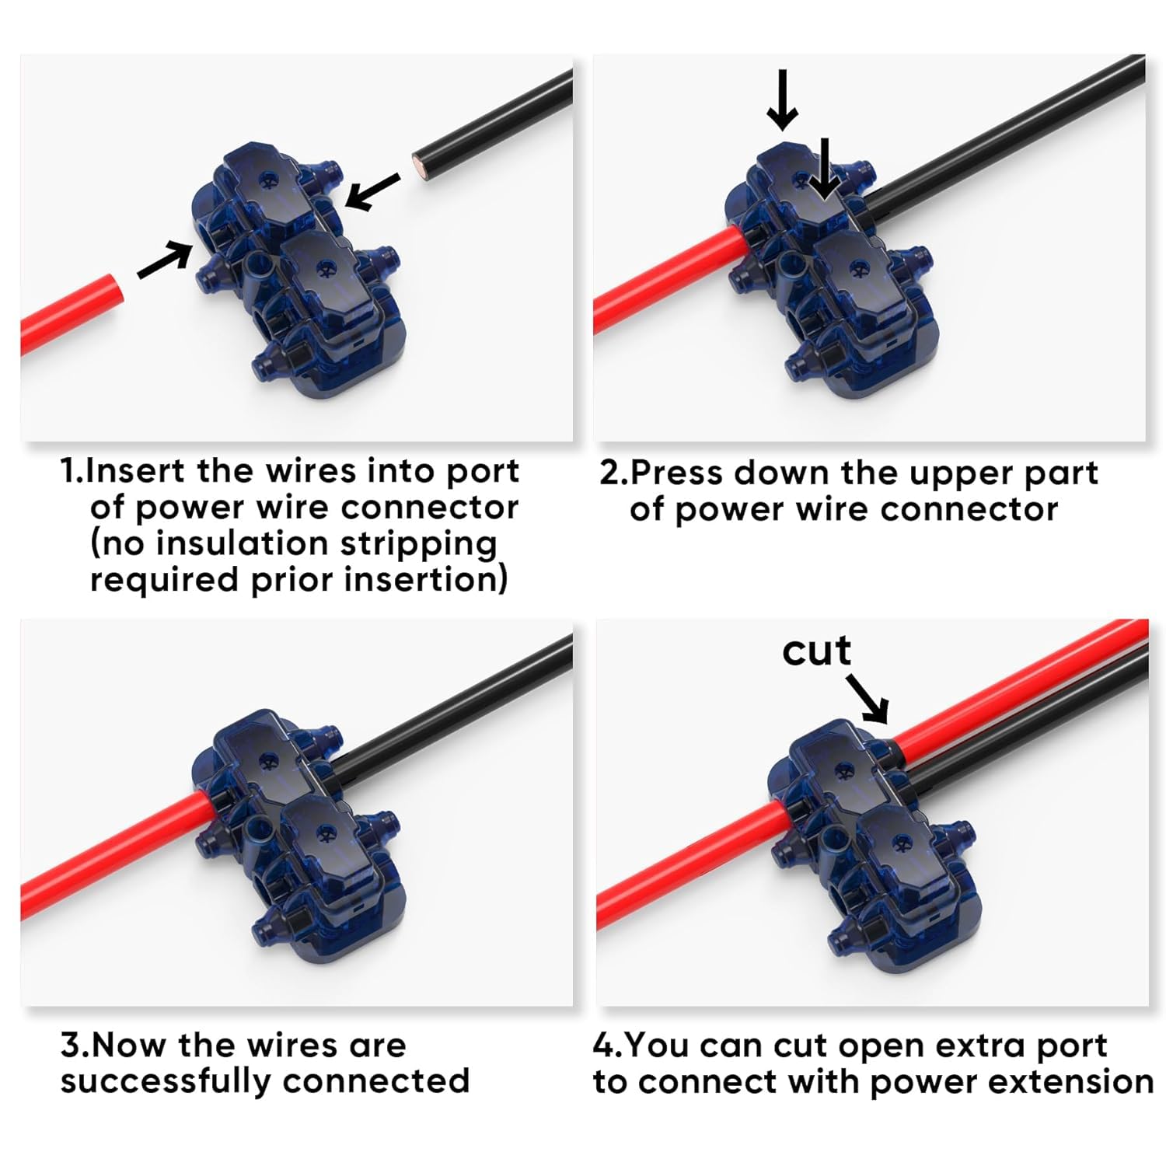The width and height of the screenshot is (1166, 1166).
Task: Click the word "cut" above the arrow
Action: (x=816, y=651)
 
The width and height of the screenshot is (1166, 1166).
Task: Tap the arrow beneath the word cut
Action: (x=868, y=698)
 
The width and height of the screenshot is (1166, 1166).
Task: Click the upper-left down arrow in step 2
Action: (x=782, y=99)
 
